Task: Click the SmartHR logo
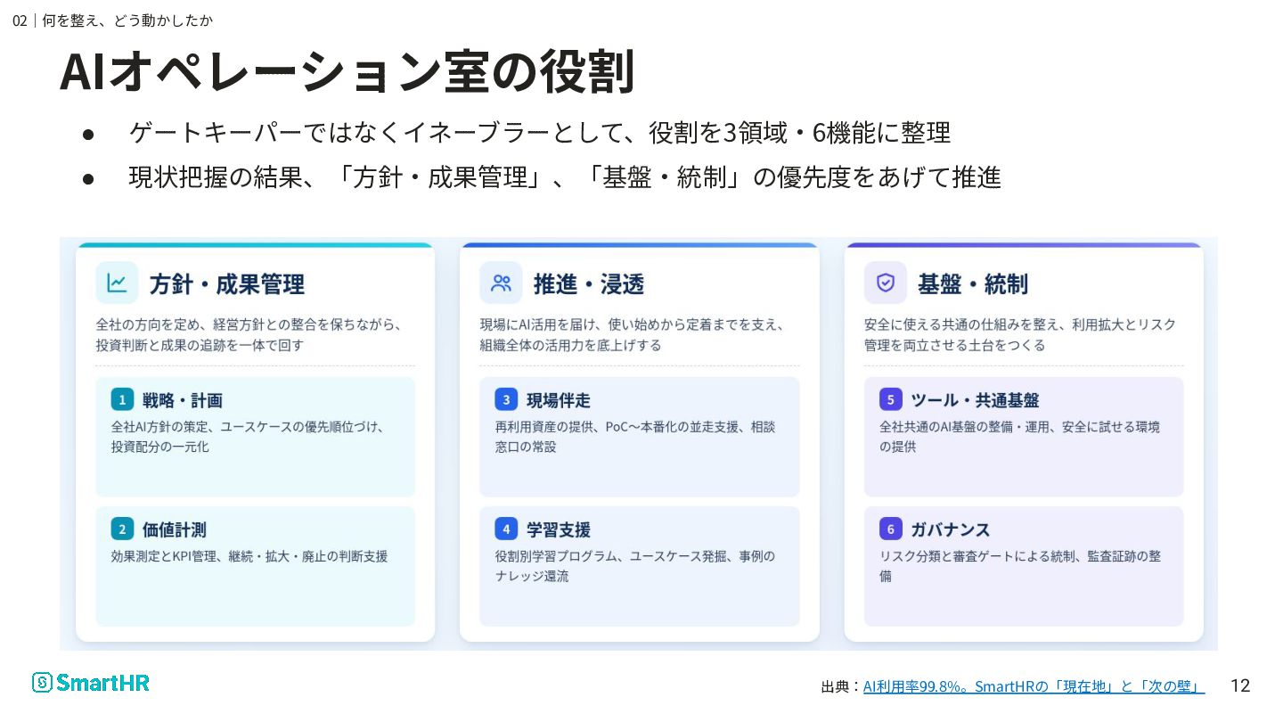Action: (x=91, y=683)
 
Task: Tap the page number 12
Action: (x=1240, y=685)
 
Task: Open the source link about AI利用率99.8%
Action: (x=1034, y=686)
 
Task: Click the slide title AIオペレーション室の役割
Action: (x=347, y=71)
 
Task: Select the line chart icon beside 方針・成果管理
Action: (x=117, y=283)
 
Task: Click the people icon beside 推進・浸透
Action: (x=501, y=283)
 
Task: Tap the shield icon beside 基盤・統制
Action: (x=886, y=283)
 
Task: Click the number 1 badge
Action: (x=122, y=399)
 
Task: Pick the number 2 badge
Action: (x=122, y=529)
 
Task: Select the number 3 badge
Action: (x=506, y=399)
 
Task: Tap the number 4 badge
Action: (x=506, y=529)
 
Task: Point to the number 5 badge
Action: (x=891, y=399)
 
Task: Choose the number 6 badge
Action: (x=891, y=529)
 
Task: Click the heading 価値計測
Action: (x=174, y=529)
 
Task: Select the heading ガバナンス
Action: (x=950, y=529)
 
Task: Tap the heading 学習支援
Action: (x=559, y=529)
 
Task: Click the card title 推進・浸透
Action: (x=589, y=283)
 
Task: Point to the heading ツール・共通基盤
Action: (x=975, y=400)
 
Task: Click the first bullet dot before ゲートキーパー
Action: (x=88, y=135)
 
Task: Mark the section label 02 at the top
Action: (x=20, y=21)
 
